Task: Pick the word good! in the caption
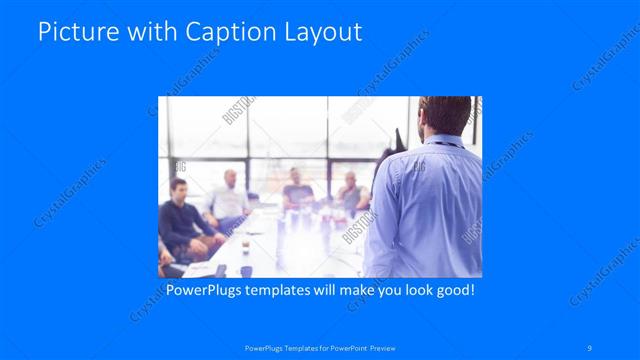click(x=452, y=291)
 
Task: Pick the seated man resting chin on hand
click(x=349, y=194)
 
